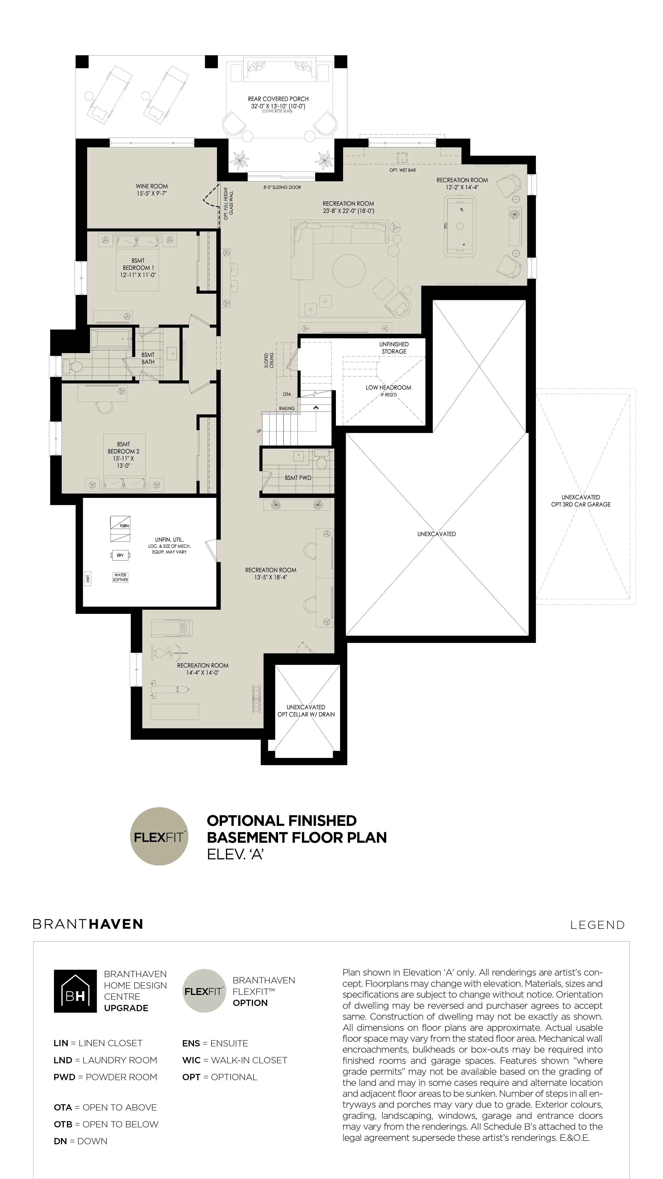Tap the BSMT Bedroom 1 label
coord(138,268)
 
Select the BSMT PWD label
coord(298,478)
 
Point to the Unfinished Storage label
coord(394,348)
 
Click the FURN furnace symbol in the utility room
coord(120,523)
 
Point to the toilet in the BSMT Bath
coord(73,366)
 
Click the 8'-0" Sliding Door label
coord(282,187)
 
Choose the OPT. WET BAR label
coord(403,170)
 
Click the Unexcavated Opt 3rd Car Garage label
coord(581,501)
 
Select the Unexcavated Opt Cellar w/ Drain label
coord(306,711)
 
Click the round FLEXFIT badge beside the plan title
coord(159,836)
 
